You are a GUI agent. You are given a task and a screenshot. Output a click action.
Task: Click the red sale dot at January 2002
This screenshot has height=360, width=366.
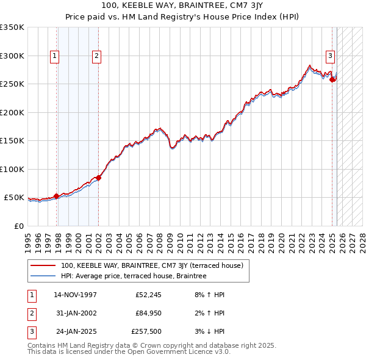[x=98, y=178]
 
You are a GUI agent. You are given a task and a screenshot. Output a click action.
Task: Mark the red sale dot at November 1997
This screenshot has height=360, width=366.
[x=57, y=196]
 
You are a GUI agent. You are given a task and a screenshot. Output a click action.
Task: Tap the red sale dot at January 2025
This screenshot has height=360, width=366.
[x=332, y=80]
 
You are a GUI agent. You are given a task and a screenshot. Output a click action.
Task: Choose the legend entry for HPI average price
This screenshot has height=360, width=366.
[x=134, y=276]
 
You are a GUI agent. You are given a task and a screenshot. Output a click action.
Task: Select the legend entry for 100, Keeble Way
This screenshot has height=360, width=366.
[x=152, y=265]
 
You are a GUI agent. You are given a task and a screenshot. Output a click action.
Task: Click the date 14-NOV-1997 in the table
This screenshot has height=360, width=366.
[x=75, y=295]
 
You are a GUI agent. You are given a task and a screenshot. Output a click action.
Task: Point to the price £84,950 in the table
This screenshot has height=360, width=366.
[x=148, y=313]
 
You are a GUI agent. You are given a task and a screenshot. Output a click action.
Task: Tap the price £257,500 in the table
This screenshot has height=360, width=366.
[x=146, y=331]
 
